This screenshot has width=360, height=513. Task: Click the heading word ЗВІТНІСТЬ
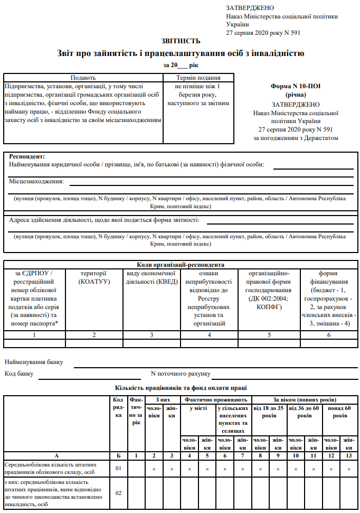[x=181, y=41]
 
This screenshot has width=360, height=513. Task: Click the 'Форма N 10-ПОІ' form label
[x=296, y=85]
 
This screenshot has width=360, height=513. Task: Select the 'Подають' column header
[x=83, y=77]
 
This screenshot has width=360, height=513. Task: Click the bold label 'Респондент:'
[x=27, y=156]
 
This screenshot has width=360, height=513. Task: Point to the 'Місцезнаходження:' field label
[x=36, y=181]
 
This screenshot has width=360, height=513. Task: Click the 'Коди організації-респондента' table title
[x=181, y=265]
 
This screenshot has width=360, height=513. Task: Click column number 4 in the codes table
[x=209, y=335]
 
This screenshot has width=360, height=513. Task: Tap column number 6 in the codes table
[x=329, y=335]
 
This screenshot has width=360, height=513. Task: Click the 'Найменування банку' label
[x=34, y=362]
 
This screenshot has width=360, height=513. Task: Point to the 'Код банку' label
[x=20, y=374]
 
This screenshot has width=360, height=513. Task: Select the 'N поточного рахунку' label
[x=181, y=374]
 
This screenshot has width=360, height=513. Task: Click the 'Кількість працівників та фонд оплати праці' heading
[x=181, y=388]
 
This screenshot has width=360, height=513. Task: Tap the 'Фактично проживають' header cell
[x=215, y=399]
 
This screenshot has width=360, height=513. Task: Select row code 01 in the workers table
[x=119, y=468]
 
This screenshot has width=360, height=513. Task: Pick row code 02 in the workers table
[x=119, y=493]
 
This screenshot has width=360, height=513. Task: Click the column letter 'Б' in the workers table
[x=119, y=455]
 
